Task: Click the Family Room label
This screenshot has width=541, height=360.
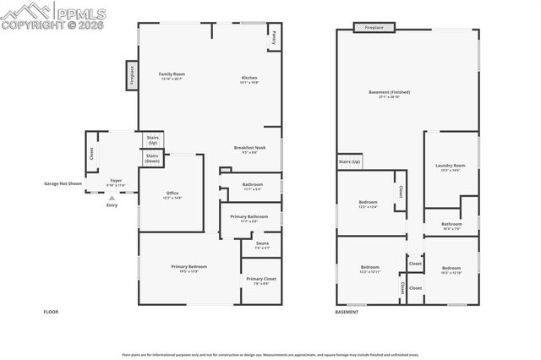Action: [x=172, y=75]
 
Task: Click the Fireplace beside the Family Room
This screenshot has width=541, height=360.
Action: [x=132, y=74]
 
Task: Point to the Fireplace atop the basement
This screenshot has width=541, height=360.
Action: [x=374, y=27]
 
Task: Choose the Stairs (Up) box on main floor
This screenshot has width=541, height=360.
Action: [x=152, y=140]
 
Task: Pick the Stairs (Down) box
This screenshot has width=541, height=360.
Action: [x=152, y=158]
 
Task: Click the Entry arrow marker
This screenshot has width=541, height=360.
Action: [x=112, y=199]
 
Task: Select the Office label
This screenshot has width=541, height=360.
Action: [x=172, y=195]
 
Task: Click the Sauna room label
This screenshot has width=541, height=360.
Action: [x=262, y=245]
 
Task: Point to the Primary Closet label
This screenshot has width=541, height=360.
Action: [x=260, y=281]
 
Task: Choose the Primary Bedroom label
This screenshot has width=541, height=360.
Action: [x=189, y=269]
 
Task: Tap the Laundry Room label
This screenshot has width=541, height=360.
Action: [x=450, y=166]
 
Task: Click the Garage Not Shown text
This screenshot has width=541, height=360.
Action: [x=63, y=183]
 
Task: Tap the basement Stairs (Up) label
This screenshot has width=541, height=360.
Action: [x=349, y=161]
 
